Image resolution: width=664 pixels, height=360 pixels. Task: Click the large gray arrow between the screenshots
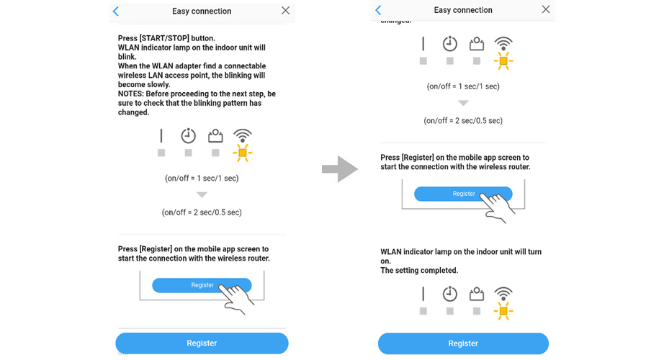[340, 169]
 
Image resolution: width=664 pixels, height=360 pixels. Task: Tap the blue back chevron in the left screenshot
[116, 11]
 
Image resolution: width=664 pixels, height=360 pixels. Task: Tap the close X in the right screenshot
[546, 9]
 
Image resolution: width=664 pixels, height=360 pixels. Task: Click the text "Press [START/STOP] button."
[166, 38]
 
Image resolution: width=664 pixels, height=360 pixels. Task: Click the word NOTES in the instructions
[130, 94]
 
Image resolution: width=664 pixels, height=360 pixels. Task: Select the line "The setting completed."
[419, 270]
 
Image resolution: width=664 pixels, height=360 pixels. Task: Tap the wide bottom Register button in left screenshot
[202, 343]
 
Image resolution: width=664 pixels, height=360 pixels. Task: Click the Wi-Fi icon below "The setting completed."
[503, 293]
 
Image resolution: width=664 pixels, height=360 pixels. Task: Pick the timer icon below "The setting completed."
[449, 293]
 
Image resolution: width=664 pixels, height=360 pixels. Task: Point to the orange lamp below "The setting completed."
[503, 311]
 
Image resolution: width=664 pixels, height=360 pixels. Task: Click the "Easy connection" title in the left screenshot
[202, 11]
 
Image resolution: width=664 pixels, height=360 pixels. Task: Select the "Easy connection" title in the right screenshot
[463, 10]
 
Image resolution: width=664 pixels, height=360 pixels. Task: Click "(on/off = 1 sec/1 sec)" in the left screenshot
[202, 179]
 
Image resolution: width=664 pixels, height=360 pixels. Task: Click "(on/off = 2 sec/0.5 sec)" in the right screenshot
[463, 121]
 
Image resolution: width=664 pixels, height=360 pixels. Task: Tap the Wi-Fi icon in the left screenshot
[242, 136]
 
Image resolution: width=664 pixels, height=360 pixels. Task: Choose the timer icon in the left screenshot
[189, 136]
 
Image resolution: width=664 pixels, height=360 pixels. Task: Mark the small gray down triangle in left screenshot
[202, 195]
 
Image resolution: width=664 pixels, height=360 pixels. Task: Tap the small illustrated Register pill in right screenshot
[463, 194]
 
